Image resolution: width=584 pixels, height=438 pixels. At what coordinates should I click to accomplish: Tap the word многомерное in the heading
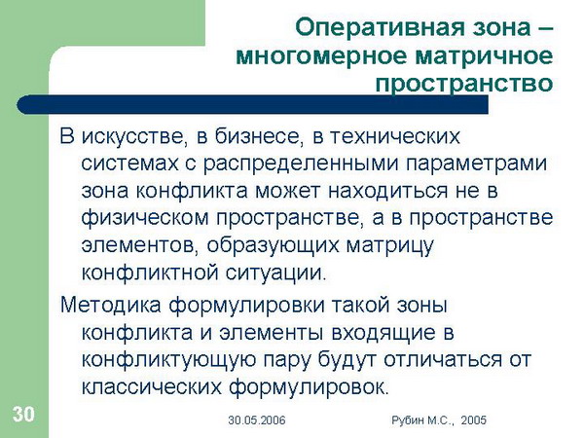pos(320,55)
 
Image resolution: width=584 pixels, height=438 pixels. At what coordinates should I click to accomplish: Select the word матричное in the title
pos(484,55)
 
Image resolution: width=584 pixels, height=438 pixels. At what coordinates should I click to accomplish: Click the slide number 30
pos(23,414)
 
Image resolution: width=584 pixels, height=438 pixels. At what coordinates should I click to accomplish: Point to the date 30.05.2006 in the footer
pos(257,420)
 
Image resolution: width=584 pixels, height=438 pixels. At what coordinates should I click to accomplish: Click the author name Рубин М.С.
pos(422,420)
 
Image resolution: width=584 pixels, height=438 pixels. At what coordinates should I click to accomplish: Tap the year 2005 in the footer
pos(473,420)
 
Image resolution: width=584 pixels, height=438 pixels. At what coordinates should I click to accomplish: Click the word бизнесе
pos(257,136)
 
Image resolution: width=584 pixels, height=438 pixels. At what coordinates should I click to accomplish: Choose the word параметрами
pos(477,164)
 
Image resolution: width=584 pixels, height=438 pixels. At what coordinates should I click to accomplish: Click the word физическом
pos(145,218)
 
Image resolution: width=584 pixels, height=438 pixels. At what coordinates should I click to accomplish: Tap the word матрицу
pos(390,246)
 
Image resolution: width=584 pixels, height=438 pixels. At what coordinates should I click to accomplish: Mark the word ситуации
pos(275,273)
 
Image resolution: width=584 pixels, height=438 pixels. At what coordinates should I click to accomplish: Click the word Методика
pos(111,305)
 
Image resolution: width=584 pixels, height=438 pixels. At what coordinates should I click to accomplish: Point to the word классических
pos(151,387)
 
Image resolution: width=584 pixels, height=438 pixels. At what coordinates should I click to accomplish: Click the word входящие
pos(383,333)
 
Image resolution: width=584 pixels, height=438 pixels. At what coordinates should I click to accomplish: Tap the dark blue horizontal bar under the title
pos(252,104)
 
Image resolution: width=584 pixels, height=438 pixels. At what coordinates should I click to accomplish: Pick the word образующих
pos(273,246)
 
